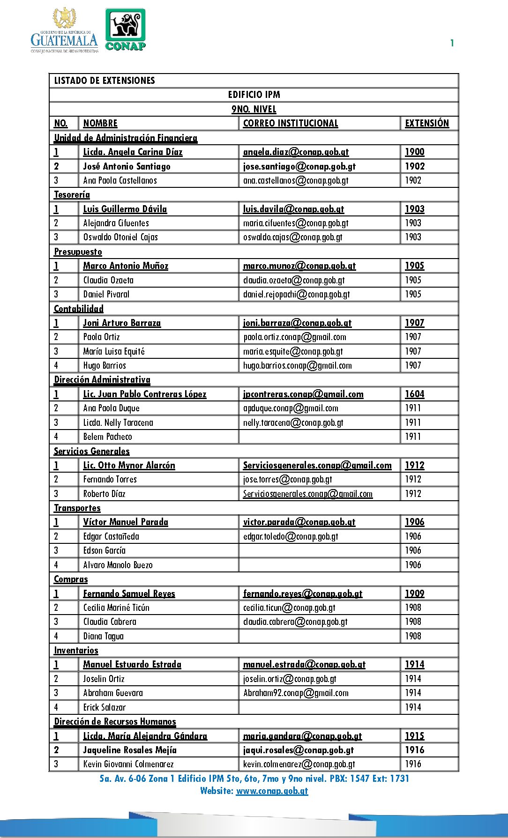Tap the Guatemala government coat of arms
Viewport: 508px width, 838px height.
[x=65, y=19]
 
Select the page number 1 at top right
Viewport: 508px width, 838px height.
[x=452, y=43]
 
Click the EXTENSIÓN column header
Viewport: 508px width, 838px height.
[x=427, y=123]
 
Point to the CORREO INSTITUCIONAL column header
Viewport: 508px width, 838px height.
[x=291, y=123]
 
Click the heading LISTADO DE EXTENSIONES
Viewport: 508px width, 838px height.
[x=105, y=80]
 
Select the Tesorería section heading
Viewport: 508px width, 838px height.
[x=72, y=194]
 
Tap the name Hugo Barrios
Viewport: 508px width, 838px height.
[x=105, y=365]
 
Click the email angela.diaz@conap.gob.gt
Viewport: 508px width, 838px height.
[x=296, y=152]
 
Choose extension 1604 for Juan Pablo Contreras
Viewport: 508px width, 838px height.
[x=415, y=394]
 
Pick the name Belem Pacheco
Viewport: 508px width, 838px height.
[x=108, y=437]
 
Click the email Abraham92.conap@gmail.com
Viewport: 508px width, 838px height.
[x=296, y=693]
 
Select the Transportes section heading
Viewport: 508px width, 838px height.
[x=77, y=508]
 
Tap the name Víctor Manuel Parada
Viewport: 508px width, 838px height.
[x=126, y=522]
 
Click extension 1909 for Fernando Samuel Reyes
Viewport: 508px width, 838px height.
[x=415, y=593]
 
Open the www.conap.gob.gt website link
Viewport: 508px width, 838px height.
[x=272, y=791]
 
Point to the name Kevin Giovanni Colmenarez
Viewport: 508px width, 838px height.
[x=128, y=764]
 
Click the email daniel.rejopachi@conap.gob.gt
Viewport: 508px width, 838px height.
[x=296, y=294]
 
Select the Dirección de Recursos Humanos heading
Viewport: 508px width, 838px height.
[x=115, y=721]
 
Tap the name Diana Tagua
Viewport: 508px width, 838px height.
[x=104, y=636]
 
